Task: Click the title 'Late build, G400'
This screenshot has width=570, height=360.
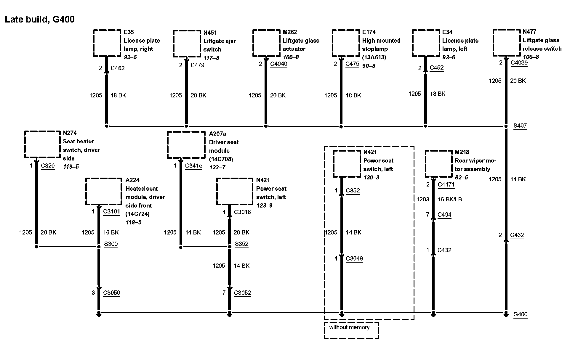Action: point(40,20)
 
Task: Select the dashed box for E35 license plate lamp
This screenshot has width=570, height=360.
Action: point(107,43)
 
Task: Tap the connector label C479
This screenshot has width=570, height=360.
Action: point(197,65)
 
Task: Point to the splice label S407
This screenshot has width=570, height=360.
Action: point(520,126)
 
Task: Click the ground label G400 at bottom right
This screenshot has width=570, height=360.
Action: point(520,314)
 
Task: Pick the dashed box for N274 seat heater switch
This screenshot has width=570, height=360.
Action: point(42,144)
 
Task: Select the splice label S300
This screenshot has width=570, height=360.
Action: point(111,244)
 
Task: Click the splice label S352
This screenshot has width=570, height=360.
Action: point(241,244)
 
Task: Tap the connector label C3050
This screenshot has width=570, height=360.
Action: point(111,293)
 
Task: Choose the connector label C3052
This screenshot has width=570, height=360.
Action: point(242,293)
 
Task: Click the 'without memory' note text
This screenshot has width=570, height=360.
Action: point(349,327)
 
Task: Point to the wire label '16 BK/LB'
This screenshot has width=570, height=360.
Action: point(450,199)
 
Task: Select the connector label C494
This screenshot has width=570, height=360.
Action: point(444,215)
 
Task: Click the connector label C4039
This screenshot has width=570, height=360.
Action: point(519,62)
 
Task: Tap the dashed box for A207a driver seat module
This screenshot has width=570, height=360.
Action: point(186,145)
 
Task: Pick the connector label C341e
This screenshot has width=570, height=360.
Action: point(193,165)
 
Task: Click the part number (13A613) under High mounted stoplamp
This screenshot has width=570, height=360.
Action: point(374,57)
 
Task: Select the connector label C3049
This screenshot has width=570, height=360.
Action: point(354,258)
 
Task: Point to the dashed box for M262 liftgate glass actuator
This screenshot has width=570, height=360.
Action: point(266,43)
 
